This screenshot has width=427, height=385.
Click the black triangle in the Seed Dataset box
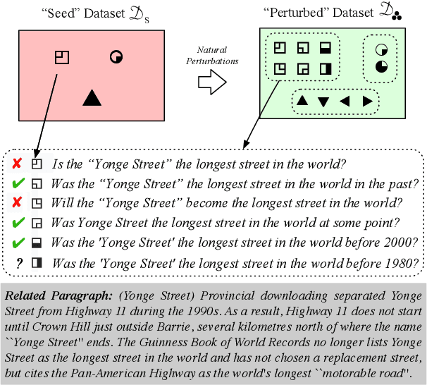92,99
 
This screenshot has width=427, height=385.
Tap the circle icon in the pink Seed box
116,56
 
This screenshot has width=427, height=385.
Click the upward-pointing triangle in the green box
302,101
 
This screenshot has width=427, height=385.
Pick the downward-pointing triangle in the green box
323,102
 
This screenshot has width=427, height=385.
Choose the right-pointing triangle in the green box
366,101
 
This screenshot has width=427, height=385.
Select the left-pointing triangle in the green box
345,101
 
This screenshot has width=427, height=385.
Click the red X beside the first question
16,164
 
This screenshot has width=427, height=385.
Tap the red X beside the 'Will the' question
16,203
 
